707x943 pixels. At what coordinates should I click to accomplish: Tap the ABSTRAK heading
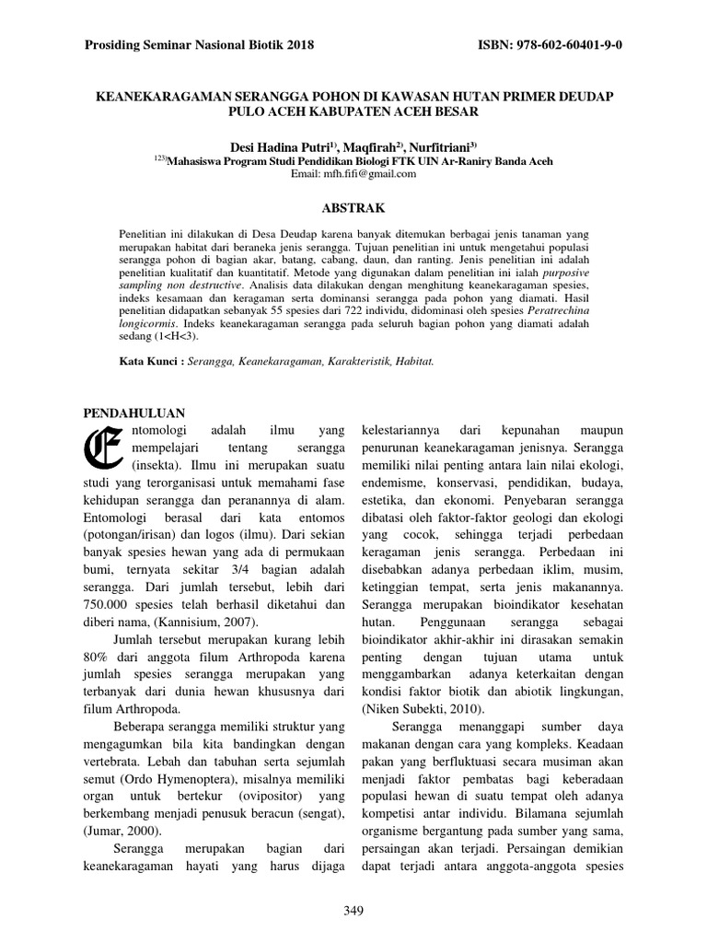pyautogui.click(x=353, y=209)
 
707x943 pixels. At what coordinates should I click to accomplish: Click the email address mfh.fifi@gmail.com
pyautogui.click(x=353, y=173)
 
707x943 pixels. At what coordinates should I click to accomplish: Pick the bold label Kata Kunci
pyautogui.click(x=151, y=362)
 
